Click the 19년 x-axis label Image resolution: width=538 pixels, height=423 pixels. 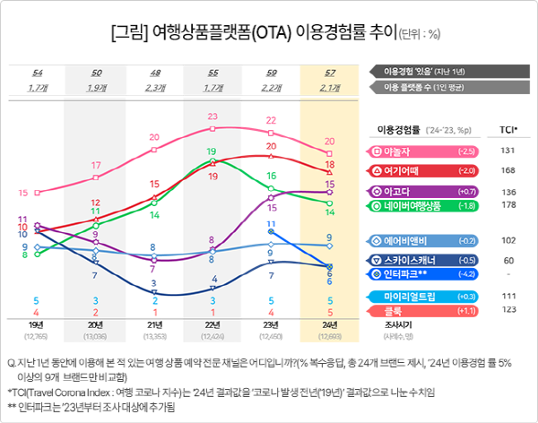pyautogui.click(x=36, y=324)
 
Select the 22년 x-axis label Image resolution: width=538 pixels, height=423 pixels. pyautogui.click(x=213, y=324)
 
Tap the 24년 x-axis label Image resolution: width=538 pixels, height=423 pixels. pyautogui.click(x=330, y=324)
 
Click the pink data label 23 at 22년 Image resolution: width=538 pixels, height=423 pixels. pyautogui.click(x=213, y=117)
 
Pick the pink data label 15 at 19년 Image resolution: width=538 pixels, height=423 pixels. pyautogui.click(x=36, y=192)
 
